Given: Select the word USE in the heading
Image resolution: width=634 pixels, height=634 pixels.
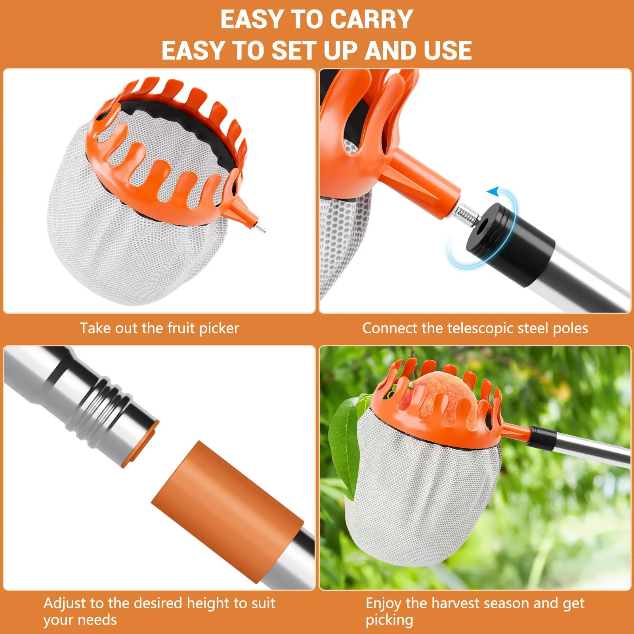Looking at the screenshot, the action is (x=447, y=51).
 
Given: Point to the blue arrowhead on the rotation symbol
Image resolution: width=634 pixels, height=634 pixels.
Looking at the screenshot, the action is (x=493, y=192).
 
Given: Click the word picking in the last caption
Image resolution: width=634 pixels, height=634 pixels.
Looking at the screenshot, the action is (x=389, y=620).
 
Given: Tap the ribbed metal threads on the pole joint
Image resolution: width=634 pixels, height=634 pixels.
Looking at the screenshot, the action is (x=99, y=404).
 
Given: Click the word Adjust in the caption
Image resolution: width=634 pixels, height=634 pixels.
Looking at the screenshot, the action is (x=65, y=603).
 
